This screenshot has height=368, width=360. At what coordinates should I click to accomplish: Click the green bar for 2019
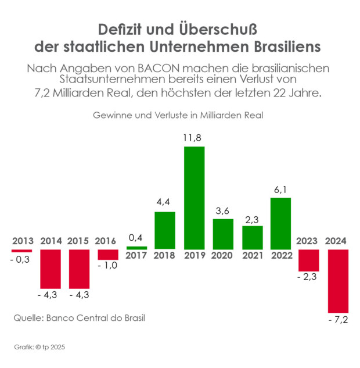(x=194, y=198)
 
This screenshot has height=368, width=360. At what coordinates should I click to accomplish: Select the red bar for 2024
(x=338, y=281)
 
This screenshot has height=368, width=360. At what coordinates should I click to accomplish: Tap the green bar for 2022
(x=280, y=223)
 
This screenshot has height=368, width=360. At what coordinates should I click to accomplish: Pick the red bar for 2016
(x=108, y=255)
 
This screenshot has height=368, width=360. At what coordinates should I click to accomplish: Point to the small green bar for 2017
(x=137, y=248)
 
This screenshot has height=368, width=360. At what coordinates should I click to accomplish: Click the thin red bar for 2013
(x=21, y=251)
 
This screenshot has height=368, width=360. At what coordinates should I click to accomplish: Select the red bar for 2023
(x=309, y=260)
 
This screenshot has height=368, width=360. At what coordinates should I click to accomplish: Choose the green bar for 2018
(x=165, y=230)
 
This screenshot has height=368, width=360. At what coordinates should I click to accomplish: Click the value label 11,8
(x=194, y=138)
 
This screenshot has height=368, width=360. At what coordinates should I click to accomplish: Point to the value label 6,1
(x=280, y=189)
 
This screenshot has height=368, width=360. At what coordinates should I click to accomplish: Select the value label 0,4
(x=137, y=238)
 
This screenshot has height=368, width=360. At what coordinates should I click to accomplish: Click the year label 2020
(x=222, y=256)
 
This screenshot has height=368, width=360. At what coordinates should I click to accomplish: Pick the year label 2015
(x=79, y=241)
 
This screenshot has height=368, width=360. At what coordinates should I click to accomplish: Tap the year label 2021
(x=251, y=256)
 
